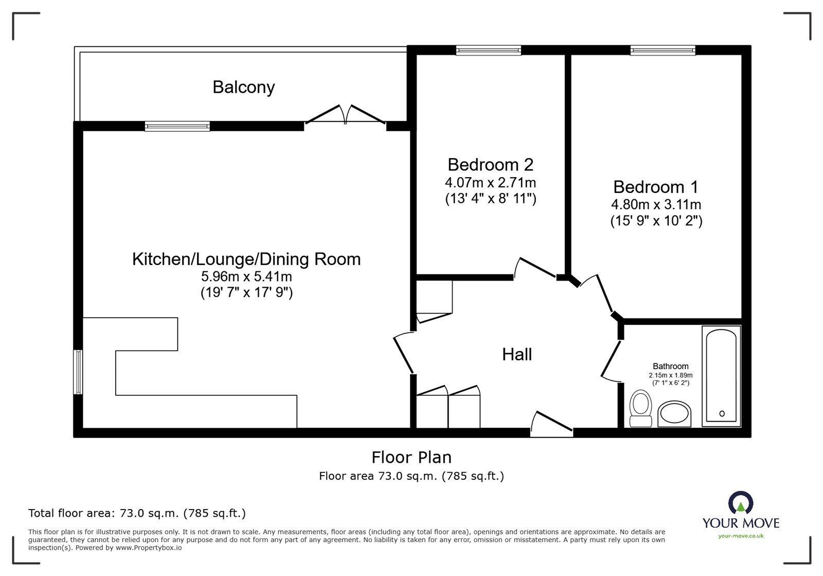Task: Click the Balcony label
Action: pos(243,87)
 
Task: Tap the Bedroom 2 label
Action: pos(490,165)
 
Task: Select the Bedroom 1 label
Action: pos(656,186)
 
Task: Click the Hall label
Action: pos(516,354)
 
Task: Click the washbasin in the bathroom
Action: pos(675,414)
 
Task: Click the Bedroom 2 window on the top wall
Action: pos(488,50)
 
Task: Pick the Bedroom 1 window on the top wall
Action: pos(663,50)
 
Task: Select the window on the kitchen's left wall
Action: pos(78,372)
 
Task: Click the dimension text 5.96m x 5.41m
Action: pos(246,276)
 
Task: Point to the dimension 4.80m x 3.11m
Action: pos(656,204)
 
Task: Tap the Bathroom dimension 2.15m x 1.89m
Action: pos(670,375)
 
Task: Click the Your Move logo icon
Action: pos(741,503)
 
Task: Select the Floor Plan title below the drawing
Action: pos(411,457)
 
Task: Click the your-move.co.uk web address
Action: pos(741,536)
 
